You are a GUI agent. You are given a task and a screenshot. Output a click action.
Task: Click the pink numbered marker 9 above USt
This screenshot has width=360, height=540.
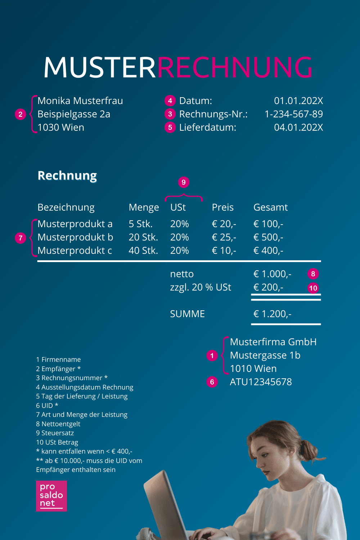184,182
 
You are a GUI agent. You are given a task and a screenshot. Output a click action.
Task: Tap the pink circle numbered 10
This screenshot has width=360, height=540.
313,288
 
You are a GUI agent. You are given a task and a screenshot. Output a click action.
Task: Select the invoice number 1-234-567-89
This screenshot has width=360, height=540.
293,114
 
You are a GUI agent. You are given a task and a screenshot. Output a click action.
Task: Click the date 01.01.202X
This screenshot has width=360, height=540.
298,101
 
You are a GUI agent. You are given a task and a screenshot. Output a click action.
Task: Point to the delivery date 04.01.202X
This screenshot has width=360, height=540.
298,127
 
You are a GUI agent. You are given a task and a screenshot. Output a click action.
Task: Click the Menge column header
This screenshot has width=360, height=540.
144,207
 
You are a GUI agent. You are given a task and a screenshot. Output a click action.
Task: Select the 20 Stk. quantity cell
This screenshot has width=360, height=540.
143,237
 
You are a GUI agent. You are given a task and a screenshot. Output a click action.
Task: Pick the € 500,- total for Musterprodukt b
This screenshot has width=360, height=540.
268,237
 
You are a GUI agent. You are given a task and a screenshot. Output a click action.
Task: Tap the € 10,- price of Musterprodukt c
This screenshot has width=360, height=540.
224,251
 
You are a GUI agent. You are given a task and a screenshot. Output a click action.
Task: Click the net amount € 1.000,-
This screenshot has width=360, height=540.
272,274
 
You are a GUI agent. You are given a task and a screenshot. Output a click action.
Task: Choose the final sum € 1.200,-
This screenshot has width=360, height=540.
272,314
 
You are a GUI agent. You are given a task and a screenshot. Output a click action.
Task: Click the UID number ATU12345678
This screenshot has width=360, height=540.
261,382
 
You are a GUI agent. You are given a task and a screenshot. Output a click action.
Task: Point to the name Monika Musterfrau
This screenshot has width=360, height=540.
80,101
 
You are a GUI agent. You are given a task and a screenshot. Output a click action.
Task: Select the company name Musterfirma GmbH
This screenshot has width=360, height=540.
273,342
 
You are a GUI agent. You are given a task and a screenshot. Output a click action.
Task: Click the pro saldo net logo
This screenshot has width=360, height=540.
51,496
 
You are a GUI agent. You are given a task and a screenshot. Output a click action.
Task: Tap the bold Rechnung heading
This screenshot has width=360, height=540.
67,176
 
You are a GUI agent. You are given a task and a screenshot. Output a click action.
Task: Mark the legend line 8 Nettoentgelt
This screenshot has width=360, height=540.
58,424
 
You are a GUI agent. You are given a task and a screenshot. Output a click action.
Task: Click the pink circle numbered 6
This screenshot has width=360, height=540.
212,382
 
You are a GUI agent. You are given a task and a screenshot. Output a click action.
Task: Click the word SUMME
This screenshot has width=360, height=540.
187,314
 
